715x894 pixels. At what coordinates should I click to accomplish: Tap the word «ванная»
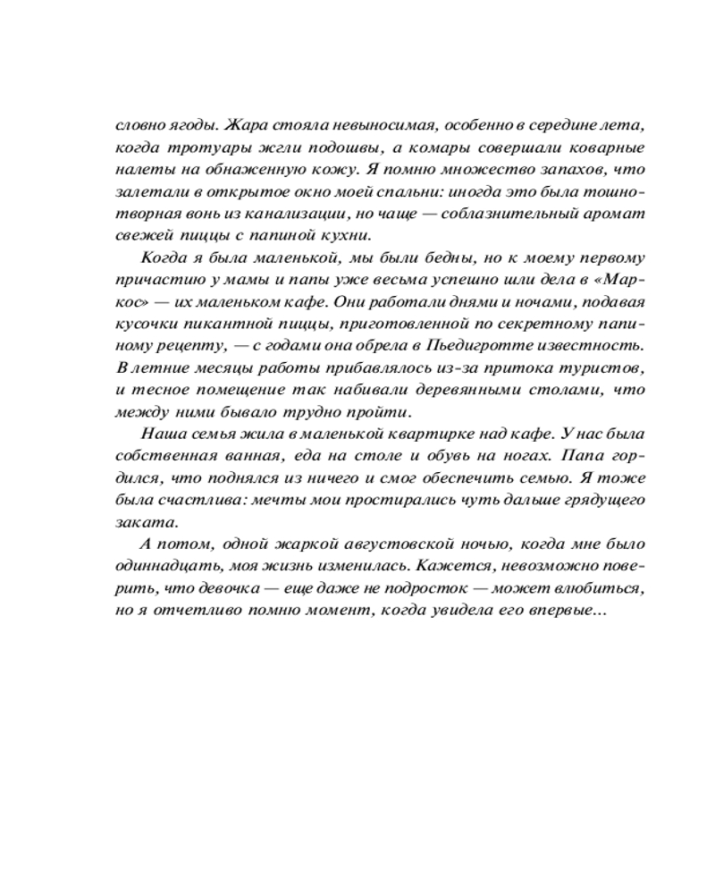(248, 458)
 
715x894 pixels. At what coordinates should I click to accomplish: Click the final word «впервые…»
(573, 613)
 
